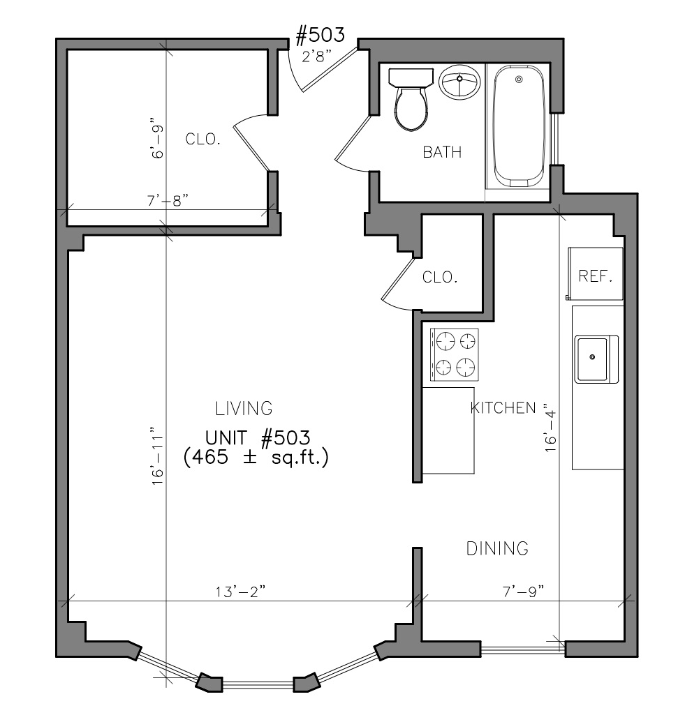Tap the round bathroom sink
pos(459,82)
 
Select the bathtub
pos(519,126)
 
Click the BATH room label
pos(442,152)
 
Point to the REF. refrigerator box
pos(595,274)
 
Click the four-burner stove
pos(454,354)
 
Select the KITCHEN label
pos(503,408)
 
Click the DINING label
pos(497,548)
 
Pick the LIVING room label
pos(244,408)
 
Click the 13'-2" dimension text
pos(241,592)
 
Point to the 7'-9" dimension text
pos(523,592)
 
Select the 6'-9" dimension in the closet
pos(157,142)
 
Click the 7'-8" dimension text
pos(168,201)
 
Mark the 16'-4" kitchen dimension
pos(551,428)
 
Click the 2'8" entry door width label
pos(317,57)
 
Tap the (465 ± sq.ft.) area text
pos(256,458)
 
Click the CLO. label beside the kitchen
pos(440,277)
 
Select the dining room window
pos(523,649)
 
